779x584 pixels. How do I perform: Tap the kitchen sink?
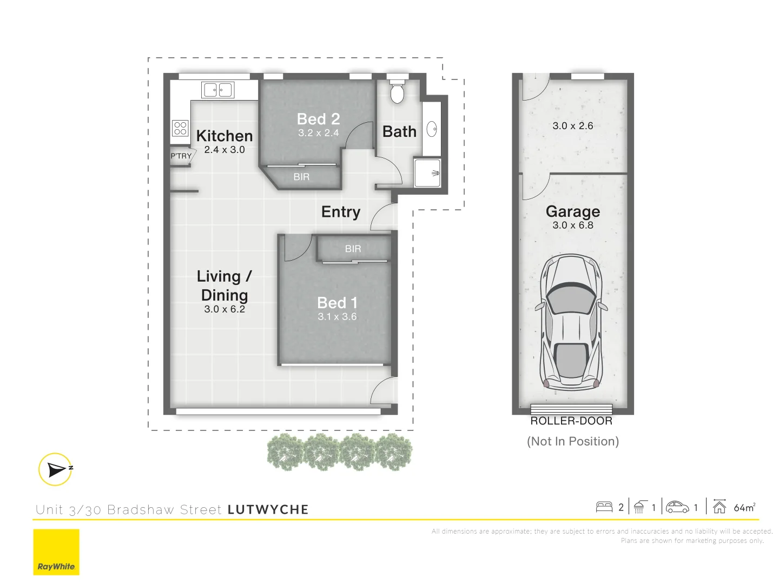coord(217,90)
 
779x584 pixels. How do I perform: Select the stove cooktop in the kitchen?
coord(180,128)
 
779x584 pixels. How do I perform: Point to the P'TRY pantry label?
coord(181,156)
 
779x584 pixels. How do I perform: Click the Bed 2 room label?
coord(318,119)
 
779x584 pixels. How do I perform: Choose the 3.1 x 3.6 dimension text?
coord(337,317)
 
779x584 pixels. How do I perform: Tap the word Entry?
coord(341,212)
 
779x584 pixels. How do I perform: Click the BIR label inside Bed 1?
coord(353,249)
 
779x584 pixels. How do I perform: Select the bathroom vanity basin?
coord(432,129)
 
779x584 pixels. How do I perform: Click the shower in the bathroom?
coord(427,172)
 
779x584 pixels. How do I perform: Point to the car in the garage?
coord(572,322)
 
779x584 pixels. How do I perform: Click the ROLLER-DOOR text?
coord(571,421)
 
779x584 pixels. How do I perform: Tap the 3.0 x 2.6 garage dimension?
coord(573,126)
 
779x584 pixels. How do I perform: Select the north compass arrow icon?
coord(56,469)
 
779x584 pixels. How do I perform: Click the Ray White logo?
coord(56,552)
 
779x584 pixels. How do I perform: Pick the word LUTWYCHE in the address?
coord(268,510)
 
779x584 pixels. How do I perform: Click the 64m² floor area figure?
coord(744,508)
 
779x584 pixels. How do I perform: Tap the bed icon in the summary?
coord(604,507)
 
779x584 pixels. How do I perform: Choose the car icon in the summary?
coord(677,507)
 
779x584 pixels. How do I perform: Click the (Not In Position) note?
coord(573,442)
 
